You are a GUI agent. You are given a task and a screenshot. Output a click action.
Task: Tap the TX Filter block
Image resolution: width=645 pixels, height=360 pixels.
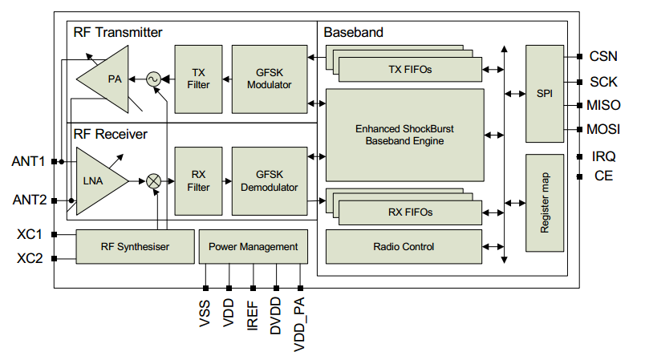[198, 79]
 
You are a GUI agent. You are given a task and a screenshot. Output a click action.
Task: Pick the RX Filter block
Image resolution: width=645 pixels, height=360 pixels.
[198, 181]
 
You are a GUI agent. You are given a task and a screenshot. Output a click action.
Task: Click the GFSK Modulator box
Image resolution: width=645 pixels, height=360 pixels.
[270, 79]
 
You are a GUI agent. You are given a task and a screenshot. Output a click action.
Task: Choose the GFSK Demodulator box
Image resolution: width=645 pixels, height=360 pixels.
[270, 181]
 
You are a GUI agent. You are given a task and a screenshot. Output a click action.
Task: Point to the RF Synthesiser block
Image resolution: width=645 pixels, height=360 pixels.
[135, 247]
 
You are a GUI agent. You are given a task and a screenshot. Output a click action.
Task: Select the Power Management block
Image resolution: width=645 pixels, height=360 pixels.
[253, 247]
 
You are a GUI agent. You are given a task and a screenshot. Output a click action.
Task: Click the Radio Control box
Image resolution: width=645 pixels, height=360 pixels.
[404, 247]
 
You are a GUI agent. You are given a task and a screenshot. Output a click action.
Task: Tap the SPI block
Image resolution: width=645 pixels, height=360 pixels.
[545, 94]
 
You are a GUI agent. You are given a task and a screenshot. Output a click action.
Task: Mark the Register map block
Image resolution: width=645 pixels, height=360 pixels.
[545, 203]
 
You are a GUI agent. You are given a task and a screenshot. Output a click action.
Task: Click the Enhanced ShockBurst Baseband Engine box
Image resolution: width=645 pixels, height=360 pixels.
[405, 135]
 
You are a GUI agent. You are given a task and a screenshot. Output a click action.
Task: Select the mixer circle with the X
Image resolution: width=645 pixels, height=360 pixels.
[153, 181]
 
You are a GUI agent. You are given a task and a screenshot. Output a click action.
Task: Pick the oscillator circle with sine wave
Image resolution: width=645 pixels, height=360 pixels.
[153, 79]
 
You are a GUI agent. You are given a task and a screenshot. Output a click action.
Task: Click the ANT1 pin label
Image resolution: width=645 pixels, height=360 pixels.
[28, 161]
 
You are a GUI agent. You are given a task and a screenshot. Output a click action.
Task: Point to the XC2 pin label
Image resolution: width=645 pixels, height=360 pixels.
[30, 258]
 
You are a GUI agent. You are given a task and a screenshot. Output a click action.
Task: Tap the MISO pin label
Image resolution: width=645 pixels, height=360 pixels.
[603, 105]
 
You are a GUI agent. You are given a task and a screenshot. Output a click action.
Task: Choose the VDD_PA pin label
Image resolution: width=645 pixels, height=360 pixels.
[299, 325]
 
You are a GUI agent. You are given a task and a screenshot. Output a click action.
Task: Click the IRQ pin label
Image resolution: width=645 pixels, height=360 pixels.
[603, 156]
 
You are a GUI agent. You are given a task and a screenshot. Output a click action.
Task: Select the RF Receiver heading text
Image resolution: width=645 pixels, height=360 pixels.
[110, 134]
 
